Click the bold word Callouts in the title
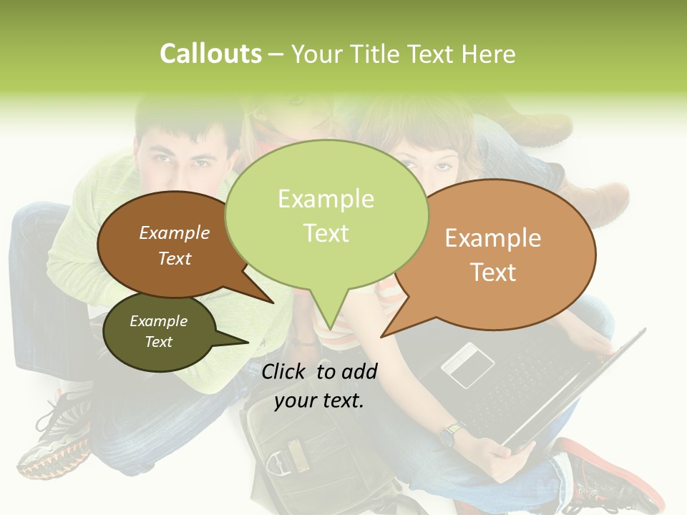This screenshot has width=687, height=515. [x=210, y=54]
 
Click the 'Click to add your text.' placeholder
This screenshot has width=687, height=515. [x=319, y=386]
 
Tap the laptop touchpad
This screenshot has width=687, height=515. [x=467, y=365]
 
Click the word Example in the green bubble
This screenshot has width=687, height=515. [x=326, y=199]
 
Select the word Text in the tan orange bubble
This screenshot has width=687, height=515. [x=493, y=273]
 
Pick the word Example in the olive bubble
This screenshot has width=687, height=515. [x=158, y=321]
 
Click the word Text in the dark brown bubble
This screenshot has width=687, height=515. [x=175, y=258]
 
